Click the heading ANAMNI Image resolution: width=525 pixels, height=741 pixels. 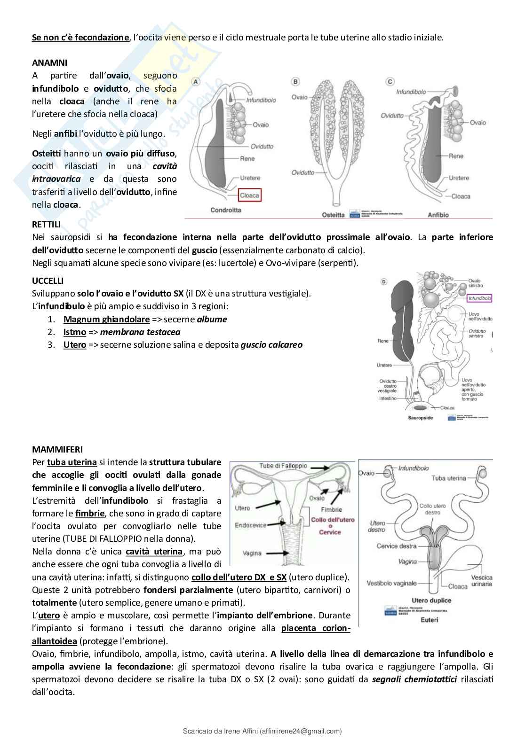tap(49, 62)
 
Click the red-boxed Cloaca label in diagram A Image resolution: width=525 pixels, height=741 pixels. tap(249, 195)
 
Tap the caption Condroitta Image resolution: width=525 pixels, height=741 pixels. tap(226, 210)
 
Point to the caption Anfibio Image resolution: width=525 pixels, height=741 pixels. tap(438, 215)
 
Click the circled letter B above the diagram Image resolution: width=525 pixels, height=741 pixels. tap(296, 82)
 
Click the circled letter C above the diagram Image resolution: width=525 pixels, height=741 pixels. tap(390, 82)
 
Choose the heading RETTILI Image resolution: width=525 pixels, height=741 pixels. tap(47, 224)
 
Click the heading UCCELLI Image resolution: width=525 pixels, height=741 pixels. tap(48, 281)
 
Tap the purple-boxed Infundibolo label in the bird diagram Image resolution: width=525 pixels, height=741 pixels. tap(479, 298)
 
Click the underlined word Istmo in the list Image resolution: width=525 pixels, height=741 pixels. tap(75, 332)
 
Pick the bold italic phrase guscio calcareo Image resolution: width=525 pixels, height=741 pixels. tap(271, 345)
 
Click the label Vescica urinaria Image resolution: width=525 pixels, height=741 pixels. tap(482, 580)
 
